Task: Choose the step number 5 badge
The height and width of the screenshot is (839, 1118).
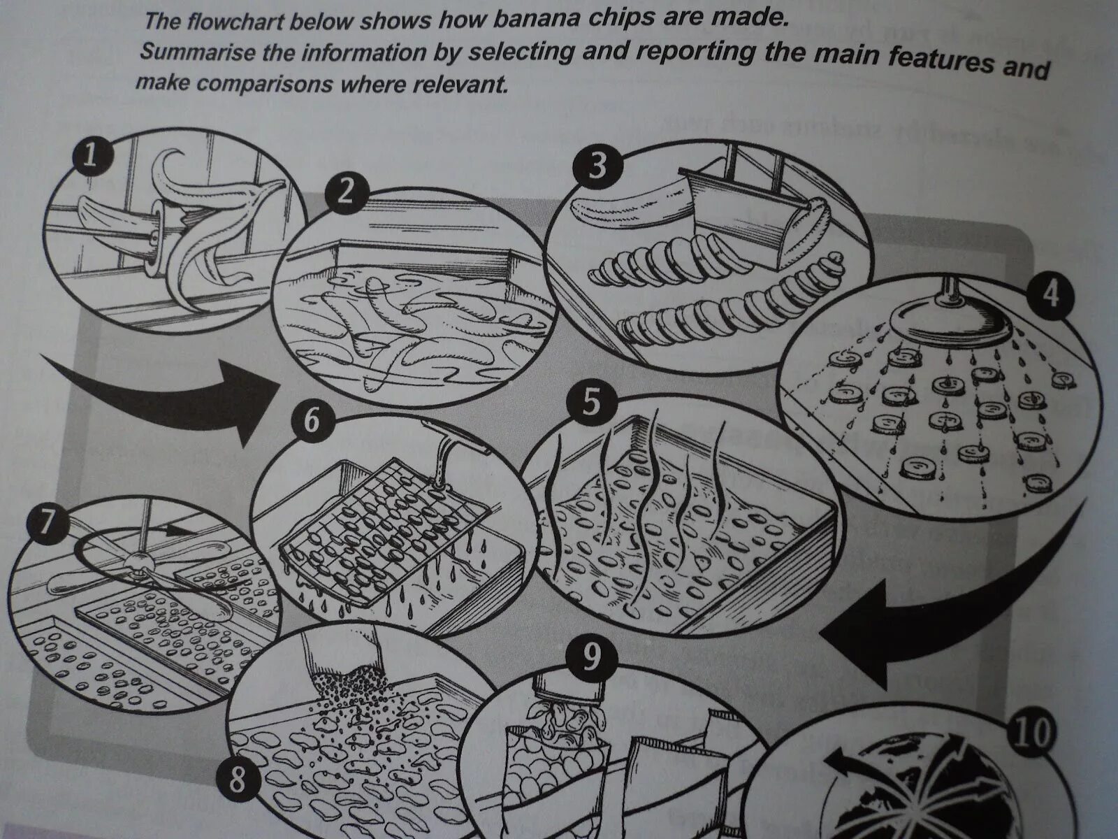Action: point(590,403)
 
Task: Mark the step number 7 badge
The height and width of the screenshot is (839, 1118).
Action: point(46,524)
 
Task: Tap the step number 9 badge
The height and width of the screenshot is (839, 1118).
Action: point(591,658)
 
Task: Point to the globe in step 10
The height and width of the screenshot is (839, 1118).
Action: point(908,790)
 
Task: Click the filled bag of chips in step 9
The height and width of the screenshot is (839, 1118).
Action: point(556,755)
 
